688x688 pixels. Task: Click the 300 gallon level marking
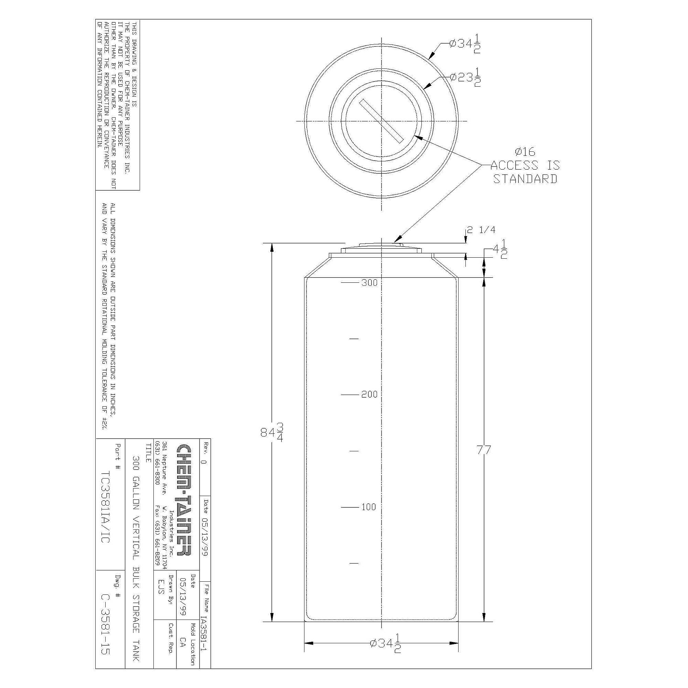[369, 283]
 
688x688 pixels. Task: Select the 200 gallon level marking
[369, 395]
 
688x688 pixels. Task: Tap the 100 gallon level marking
[368, 507]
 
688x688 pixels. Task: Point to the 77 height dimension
[484, 450]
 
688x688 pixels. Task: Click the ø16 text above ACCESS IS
[525, 152]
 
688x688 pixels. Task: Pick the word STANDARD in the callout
[525, 179]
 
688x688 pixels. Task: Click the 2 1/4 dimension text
[481, 230]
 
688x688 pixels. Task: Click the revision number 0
[204, 462]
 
